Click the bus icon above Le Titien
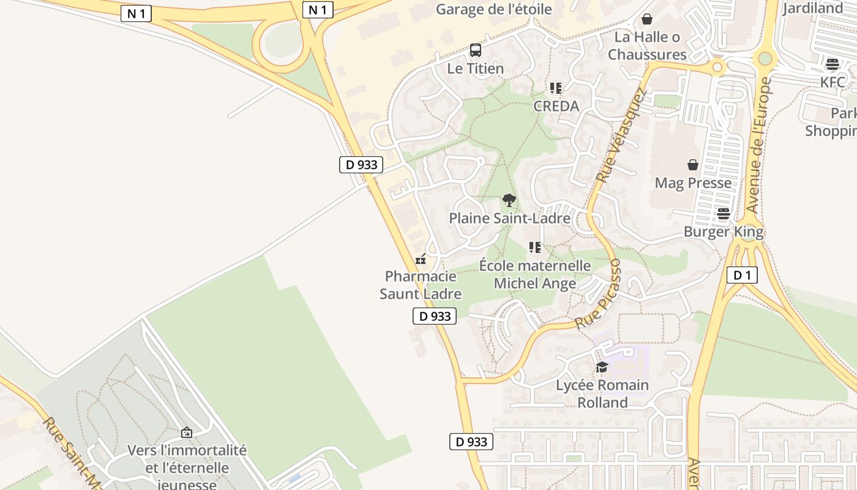click(475, 50)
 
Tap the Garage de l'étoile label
click(493, 9)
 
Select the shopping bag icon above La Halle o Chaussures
click(647, 19)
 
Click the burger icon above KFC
click(832, 64)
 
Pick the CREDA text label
click(556, 106)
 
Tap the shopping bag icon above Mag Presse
click(693, 165)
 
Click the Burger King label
click(724, 232)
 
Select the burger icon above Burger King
click(724, 214)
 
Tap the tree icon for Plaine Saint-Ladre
click(509, 200)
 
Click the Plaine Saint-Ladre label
click(509, 218)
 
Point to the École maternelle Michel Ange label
click(535, 274)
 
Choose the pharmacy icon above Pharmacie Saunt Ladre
click(421, 259)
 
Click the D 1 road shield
click(742, 275)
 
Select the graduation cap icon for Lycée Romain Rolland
click(602, 367)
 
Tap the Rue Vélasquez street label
click(622, 136)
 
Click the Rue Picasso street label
click(599, 294)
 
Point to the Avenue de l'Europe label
click(759, 145)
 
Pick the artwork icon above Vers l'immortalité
click(187, 432)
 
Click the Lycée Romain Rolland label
click(602, 394)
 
